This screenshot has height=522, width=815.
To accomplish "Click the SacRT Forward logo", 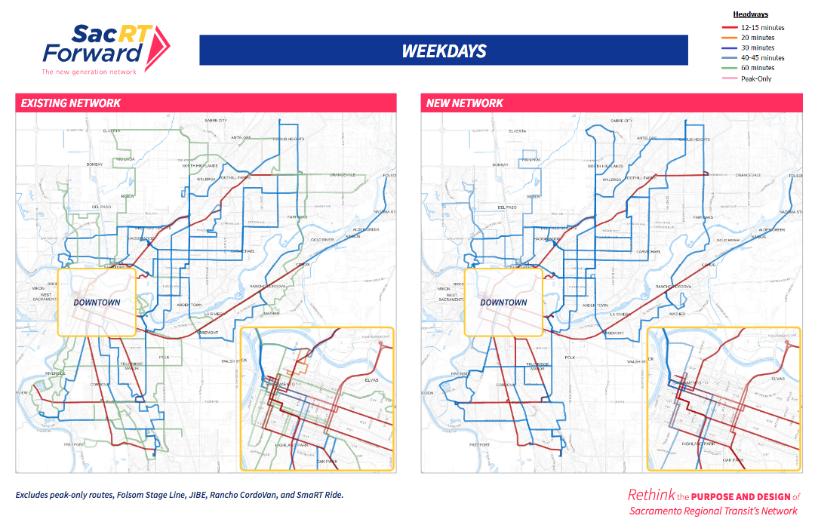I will coord(106,46).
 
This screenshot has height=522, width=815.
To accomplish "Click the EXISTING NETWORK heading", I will coord(70,103).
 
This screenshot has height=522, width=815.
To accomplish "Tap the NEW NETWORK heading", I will coord(465,103).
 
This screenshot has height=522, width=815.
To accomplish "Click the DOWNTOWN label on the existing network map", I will coord(97,302).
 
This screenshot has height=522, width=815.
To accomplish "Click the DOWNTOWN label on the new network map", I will coord(503,302).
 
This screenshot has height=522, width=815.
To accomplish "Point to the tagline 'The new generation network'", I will coord(89,72).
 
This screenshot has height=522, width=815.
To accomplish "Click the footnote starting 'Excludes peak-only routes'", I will coord(180,495).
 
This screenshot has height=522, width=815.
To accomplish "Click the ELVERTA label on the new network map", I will coord(517,130).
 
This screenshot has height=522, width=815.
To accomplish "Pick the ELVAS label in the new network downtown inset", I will coord(779,378).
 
